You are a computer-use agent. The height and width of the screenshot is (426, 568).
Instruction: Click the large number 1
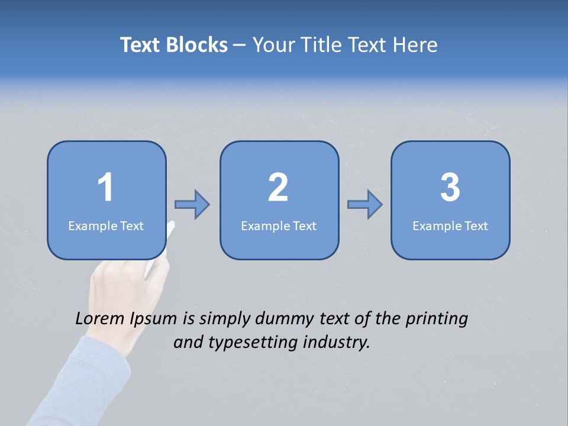pos(105,188)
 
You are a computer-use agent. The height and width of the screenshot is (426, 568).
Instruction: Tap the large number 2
pos(278,188)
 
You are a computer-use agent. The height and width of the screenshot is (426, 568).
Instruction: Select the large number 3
pos(450,188)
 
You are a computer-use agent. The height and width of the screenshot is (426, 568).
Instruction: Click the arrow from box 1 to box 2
pos(192,204)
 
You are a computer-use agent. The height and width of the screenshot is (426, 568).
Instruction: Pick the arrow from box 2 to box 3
pos(364,204)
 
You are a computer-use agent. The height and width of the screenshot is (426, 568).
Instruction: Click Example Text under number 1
pos(106,226)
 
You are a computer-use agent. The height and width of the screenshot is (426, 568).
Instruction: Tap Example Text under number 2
pos(279,226)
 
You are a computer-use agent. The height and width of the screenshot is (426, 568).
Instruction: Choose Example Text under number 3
pos(450,226)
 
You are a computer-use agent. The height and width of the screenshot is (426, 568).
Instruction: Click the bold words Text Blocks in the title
pos(174,45)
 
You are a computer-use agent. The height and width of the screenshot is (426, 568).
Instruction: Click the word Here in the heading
pos(414,45)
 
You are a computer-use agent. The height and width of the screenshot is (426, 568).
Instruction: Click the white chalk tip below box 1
pos(170,228)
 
